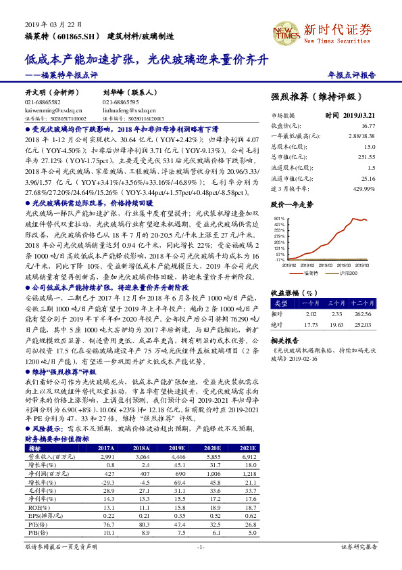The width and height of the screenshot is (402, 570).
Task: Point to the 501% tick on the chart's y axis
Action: pyautogui.click(x=278, y=219)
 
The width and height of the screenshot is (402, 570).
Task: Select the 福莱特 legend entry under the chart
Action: pyautogui.click(x=312, y=272)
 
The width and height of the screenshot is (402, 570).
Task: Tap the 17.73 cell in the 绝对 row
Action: pyautogui.click(x=311, y=324)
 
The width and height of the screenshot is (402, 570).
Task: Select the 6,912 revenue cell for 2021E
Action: pyautogui.click(x=251, y=457)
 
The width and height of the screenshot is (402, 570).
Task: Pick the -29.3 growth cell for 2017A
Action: pyautogui.click(x=107, y=482)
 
